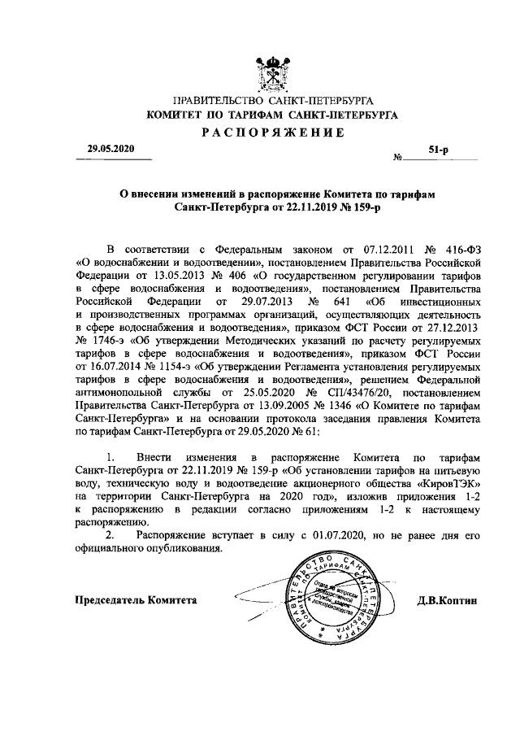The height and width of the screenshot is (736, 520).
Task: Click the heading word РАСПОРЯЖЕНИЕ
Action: coord(271,133)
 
